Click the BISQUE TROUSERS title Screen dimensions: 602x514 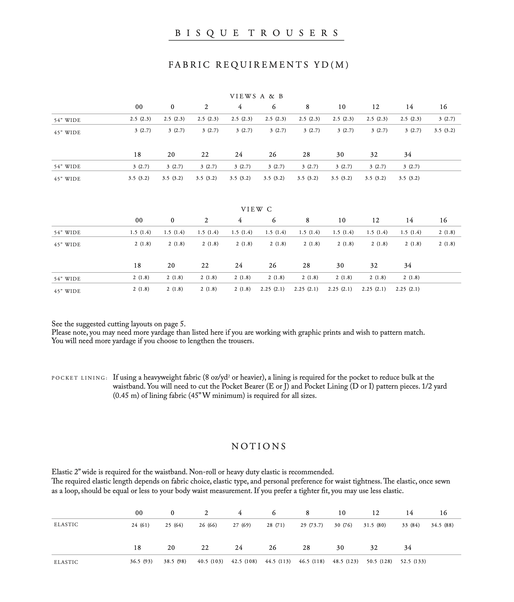point(256,33)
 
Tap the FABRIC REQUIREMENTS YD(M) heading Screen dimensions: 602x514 point(258,65)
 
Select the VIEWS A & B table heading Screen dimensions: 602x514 point(256,97)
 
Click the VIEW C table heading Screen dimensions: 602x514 point(256,209)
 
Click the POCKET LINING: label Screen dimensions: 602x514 point(79,378)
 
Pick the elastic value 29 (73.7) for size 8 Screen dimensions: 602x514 point(311,525)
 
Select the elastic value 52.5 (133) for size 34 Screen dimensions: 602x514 point(413,561)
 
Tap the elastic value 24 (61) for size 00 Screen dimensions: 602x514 point(140,525)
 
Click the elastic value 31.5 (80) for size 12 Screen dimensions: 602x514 point(374,525)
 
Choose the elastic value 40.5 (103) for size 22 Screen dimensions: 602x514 point(210,561)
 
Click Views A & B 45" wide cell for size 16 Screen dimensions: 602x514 point(444,131)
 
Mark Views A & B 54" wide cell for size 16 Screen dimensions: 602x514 point(447,119)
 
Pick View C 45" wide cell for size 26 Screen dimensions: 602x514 point(272,289)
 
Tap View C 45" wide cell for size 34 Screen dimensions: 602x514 point(407,289)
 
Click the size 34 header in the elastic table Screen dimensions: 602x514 point(408,548)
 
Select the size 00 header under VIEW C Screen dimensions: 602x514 point(139,220)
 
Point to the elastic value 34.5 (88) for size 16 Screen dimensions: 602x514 point(442,525)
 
